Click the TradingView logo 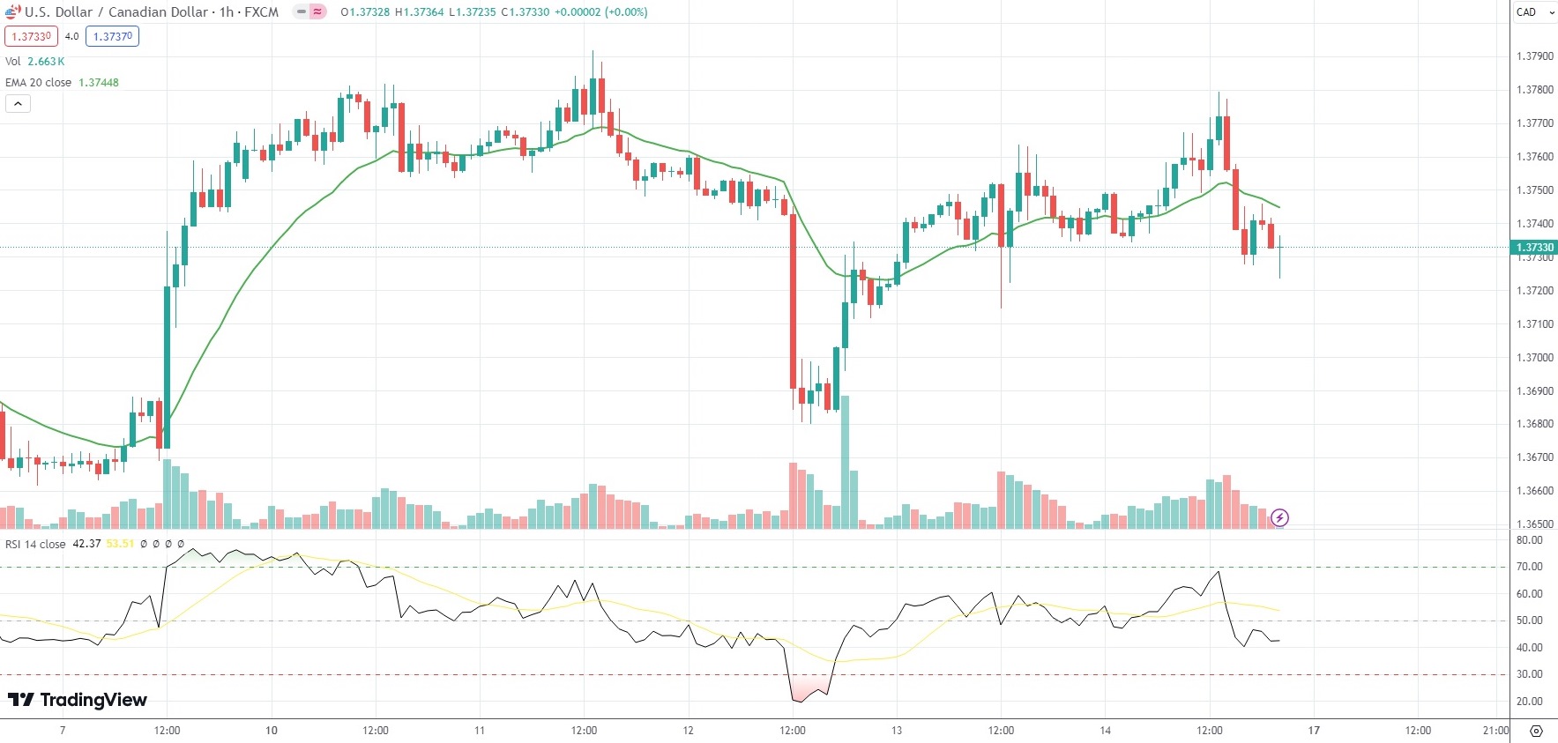[78, 700]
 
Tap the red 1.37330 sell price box [31, 36]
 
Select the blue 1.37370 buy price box [113, 36]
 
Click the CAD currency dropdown [1532, 12]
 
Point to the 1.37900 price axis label [1534, 56]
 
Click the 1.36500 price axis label [1534, 524]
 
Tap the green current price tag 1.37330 [1534, 248]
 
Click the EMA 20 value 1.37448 [99, 83]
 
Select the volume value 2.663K [46, 62]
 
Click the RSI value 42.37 [86, 544]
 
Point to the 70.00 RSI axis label [1530, 567]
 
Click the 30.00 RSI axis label [1530, 674]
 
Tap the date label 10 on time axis [272, 731]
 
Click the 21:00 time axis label [1495, 731]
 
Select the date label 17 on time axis [1314, 731]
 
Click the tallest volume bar [845, 463]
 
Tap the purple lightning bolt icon [1279, 518]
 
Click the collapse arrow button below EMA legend [18, 104]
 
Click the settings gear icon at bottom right [1536, 731]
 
